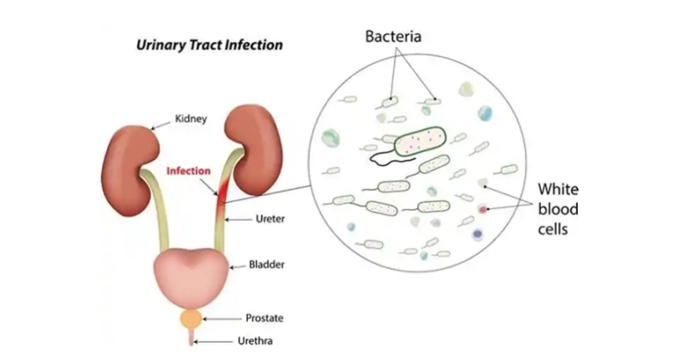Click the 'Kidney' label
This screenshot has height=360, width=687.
pos(190,119)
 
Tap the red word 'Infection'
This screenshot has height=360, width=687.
pos(188,170)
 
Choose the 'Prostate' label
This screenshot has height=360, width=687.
pos(265,318)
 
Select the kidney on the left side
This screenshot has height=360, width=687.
pos(124,158)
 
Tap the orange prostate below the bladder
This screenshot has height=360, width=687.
pos(192,319)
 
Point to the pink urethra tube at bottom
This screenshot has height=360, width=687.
pos(192,339)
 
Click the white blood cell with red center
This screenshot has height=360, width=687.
pos(483,209)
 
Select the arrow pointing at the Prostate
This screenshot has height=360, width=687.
pos(222,318)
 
